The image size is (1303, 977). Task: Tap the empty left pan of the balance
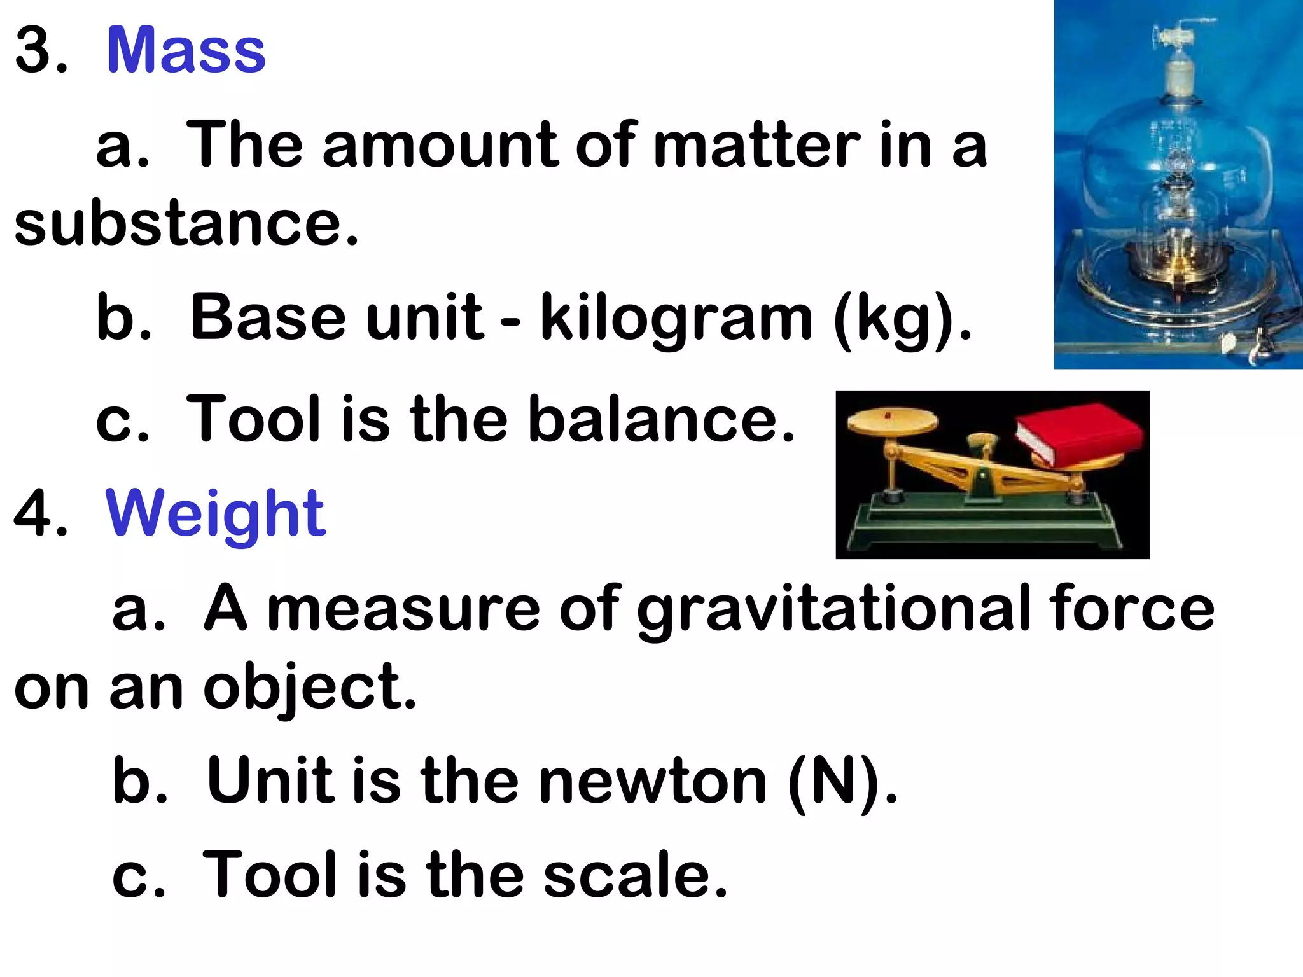click(892, 421)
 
